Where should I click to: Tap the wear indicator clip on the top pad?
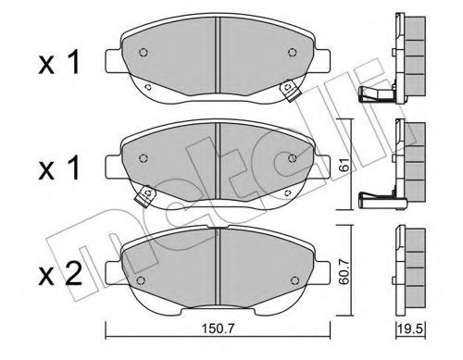[x=289, y=90]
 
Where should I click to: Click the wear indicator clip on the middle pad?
[x=144, y=196]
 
